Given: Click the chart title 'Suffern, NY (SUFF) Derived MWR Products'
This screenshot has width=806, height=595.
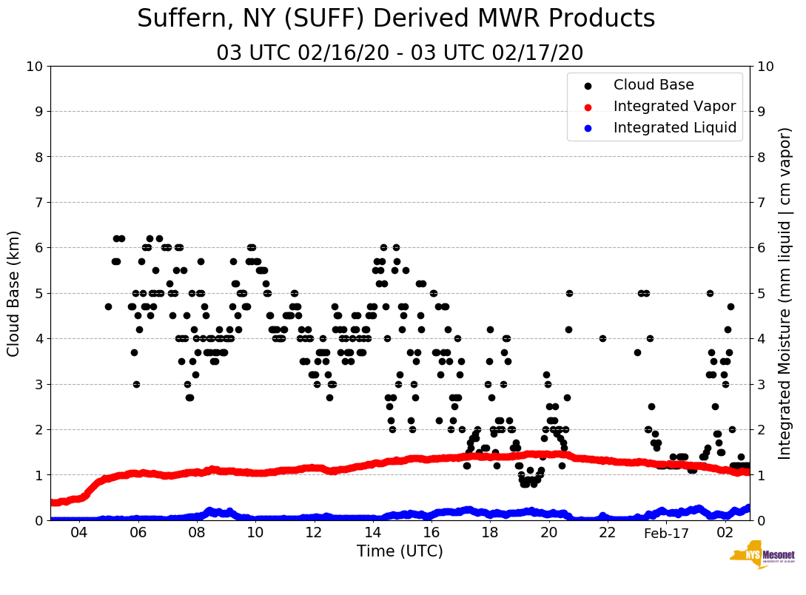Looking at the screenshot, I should tap(396, 19).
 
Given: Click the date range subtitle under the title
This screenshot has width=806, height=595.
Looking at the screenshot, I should tap(400, 53).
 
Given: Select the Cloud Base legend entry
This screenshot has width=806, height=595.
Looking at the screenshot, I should tap(654, 85).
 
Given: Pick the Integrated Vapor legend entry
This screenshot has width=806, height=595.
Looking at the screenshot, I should tap(674, 107).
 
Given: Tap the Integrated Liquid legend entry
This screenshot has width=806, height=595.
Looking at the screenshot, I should tap(675, 128).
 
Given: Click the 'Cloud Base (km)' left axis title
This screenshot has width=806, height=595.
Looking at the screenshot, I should tap(14, 292).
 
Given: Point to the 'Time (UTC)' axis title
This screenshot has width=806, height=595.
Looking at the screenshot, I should tap(400, 551).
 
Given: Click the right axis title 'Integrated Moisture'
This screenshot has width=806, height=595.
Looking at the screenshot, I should tap(785, 292).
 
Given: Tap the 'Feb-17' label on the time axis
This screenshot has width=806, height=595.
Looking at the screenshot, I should tap(666, 533).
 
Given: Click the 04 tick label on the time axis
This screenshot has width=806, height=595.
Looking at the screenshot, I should tap(79, 533).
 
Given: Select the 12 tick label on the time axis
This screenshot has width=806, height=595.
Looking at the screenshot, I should tap(314, 533).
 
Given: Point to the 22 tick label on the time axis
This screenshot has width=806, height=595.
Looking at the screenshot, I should tap(608, 533).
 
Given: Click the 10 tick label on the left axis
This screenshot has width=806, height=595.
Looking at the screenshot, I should tap(34, 66).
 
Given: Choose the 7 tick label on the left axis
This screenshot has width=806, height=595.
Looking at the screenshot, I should tap(38, 202).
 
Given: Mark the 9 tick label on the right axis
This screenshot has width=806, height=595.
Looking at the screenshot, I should tap(760, 111).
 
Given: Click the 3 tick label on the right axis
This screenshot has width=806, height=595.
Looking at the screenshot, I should tap(760, 384).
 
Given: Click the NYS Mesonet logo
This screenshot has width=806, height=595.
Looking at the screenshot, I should tap(762, 557).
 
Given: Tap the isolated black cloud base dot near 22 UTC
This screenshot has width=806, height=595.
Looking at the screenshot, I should tap(602, 338).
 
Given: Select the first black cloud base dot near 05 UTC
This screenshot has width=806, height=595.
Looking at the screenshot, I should tap(108, 306).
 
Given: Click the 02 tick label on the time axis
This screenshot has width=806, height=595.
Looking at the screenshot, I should tap(725, 533).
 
